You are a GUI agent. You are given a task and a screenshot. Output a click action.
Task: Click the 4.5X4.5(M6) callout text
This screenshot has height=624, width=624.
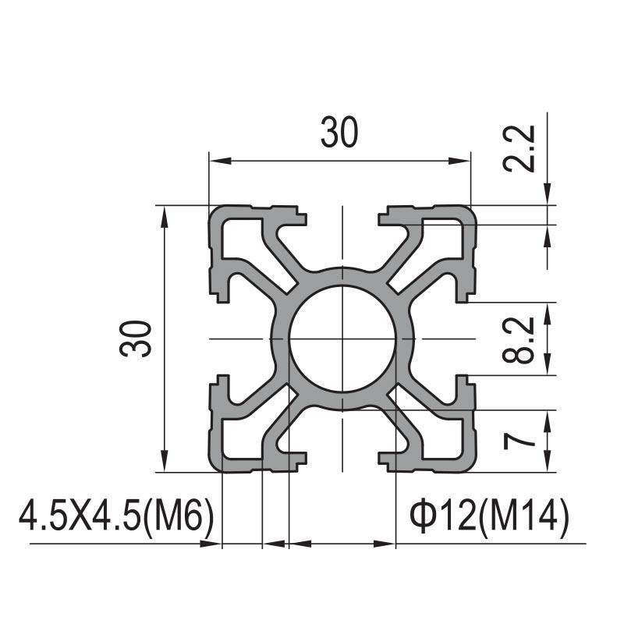(115, 517)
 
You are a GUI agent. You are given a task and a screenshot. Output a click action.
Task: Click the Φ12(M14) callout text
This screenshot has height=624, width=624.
(489, 517)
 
